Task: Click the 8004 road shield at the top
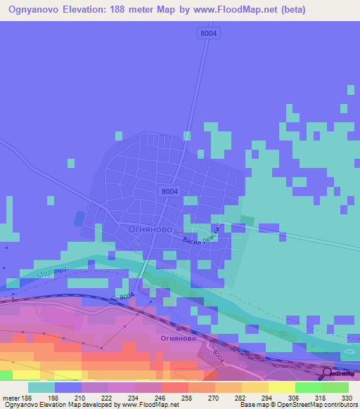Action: [208, 33]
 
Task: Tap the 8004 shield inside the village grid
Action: [169, 190]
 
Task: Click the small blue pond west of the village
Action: [79, 219]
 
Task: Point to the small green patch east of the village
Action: [247, 220]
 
